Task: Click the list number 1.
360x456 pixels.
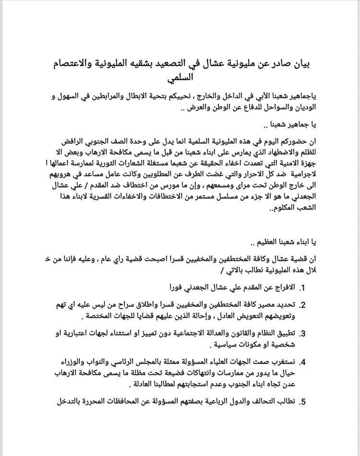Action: (302, 288)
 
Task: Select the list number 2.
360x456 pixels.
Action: (302, 305)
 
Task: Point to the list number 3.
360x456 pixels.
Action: (302, 333)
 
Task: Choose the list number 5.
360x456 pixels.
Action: (302, 401)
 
